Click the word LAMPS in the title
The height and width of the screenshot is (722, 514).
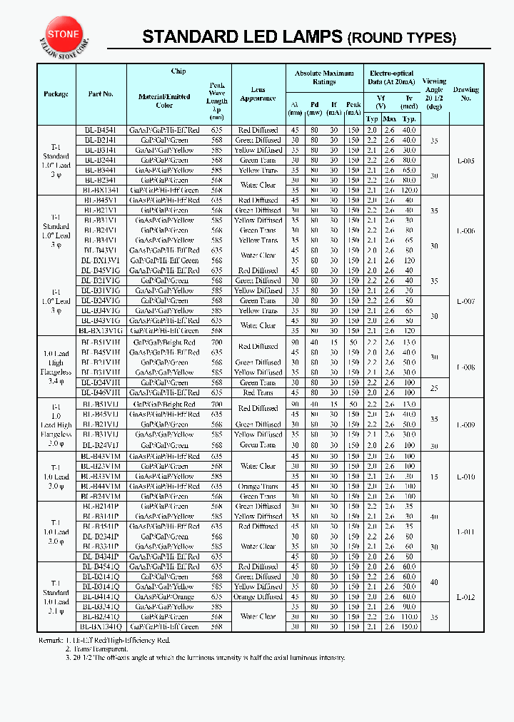[305, 37]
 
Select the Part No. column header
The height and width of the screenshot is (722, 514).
[101, 94]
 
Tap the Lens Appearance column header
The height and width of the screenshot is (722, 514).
[258, 94]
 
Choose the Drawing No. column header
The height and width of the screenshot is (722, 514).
[466, 93]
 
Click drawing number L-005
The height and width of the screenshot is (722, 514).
[465, 161]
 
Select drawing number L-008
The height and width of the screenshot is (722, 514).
[465, 367]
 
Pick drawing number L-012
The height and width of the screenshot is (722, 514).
[465, 597]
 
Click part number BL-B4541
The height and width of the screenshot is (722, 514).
[101, 131]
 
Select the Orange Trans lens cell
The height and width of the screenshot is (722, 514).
[258, 487]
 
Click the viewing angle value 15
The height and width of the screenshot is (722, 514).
[434, 477]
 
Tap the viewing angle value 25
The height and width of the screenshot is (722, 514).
[434, 388]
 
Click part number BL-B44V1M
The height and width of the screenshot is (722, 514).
[101, 487]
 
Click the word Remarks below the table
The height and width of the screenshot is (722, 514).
[54, 641]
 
